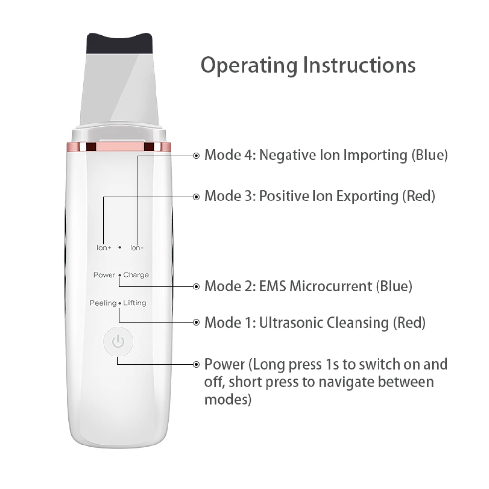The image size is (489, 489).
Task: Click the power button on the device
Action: click(x=118, y=341)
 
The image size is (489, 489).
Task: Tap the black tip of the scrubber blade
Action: click(x=119, y=44)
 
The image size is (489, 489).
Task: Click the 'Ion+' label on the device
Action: click(x=104, y=248)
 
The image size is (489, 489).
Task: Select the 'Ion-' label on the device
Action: click(x=136, y=248)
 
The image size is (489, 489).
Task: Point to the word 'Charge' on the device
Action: click(x=135, y=275)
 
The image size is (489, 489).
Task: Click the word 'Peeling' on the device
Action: click(x=103, y=303)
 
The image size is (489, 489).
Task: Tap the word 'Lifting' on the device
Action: click(x=134, y=303)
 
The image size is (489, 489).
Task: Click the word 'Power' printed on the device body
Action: click(x=105, y=275)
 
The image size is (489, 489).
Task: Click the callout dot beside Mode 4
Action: click(x=196, y=156)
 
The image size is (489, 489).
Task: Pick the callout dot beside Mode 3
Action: click(x=196, y=197)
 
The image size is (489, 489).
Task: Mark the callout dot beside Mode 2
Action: click(x=196, y=287)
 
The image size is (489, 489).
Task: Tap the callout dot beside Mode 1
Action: click(x=196, y=322)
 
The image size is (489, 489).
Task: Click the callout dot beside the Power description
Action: click(x=196, y=364)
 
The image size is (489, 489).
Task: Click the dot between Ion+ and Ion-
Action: click(x=120, y=247)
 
